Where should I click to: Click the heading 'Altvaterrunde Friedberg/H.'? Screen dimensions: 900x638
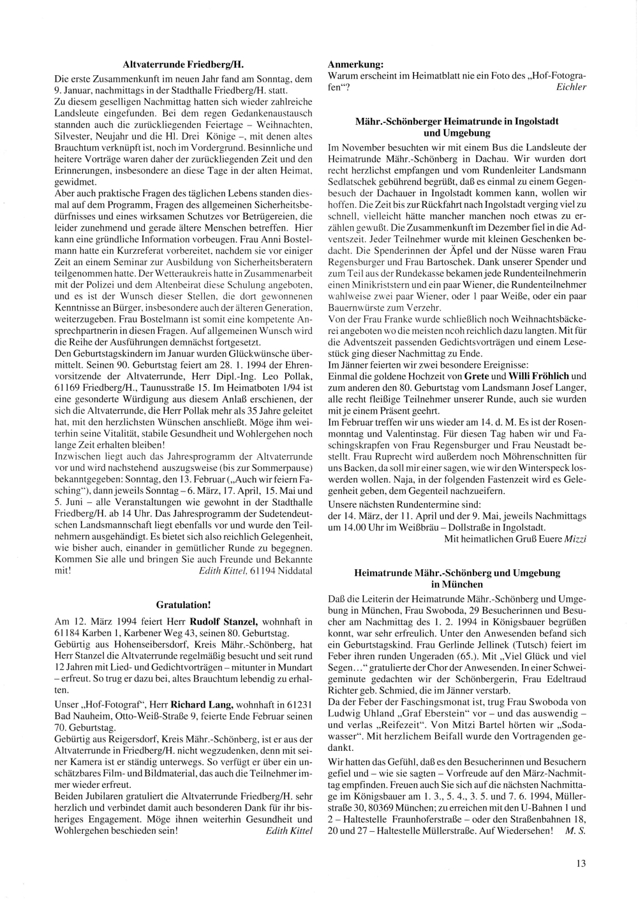pos(184,64)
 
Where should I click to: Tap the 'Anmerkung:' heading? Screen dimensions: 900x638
pos(355,64)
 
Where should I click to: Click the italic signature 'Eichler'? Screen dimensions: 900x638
pos(571,87)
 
